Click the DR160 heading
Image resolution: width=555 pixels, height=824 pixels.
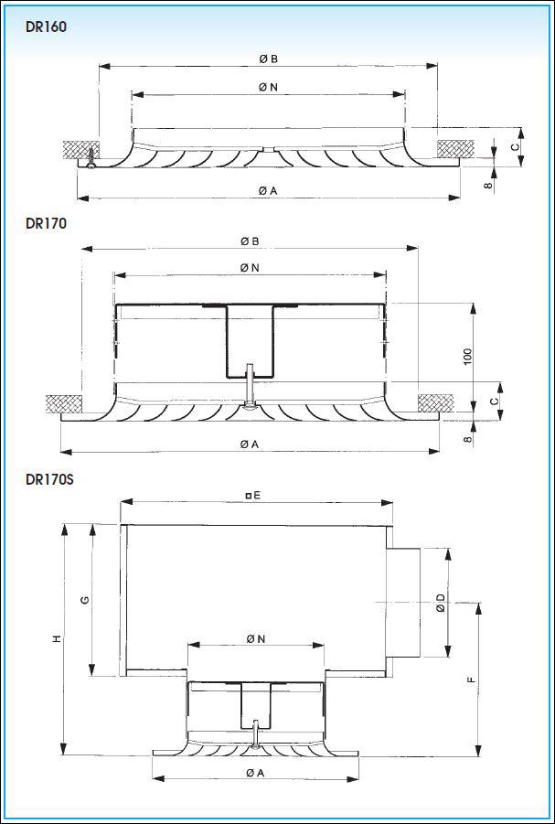coord(46,27)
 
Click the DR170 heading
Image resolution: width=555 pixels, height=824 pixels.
coord(46,223)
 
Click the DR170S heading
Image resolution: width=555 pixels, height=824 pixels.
coord(49,480)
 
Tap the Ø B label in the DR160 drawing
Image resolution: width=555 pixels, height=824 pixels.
coord(268,59)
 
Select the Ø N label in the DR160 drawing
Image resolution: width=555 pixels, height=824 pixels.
coord(268,88)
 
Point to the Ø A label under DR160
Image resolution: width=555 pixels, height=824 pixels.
coord(268,191)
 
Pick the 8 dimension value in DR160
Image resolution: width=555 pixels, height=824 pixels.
coord(489,185)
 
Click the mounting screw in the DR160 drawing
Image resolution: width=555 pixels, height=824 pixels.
coord(92,158)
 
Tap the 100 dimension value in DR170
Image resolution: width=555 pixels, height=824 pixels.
coord(468,357)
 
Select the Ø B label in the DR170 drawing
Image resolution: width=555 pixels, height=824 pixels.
coord(250,241)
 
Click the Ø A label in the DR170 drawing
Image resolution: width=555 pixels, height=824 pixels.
coord(250,444)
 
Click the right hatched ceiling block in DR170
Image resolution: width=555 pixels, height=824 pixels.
coord(436,403)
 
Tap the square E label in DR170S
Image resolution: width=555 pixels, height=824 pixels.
coord(253,495)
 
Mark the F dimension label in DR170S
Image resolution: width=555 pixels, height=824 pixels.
coord(472,679)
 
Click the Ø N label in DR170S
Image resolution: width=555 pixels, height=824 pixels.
coord(255,639)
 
